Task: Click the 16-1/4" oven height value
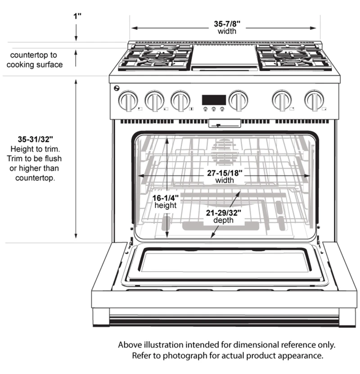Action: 166,197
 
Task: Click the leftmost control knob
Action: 128,101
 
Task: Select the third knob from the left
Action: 180,101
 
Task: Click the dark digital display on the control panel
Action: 213,100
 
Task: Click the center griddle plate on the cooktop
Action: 224,57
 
